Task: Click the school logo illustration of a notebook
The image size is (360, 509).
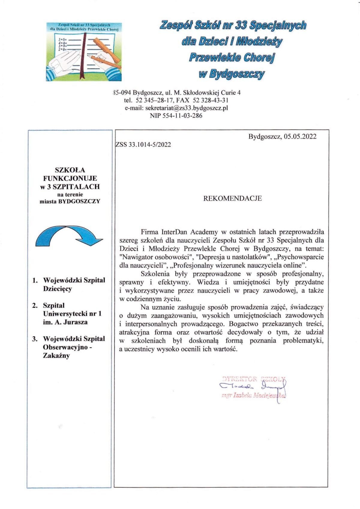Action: [84, 52]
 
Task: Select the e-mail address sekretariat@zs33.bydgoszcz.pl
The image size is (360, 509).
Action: [186, 108]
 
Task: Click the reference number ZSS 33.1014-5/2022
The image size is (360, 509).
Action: [143, 145]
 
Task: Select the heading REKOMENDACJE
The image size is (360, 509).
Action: [232, 198]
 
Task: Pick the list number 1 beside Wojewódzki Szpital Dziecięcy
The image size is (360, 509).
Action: [35, 281]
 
